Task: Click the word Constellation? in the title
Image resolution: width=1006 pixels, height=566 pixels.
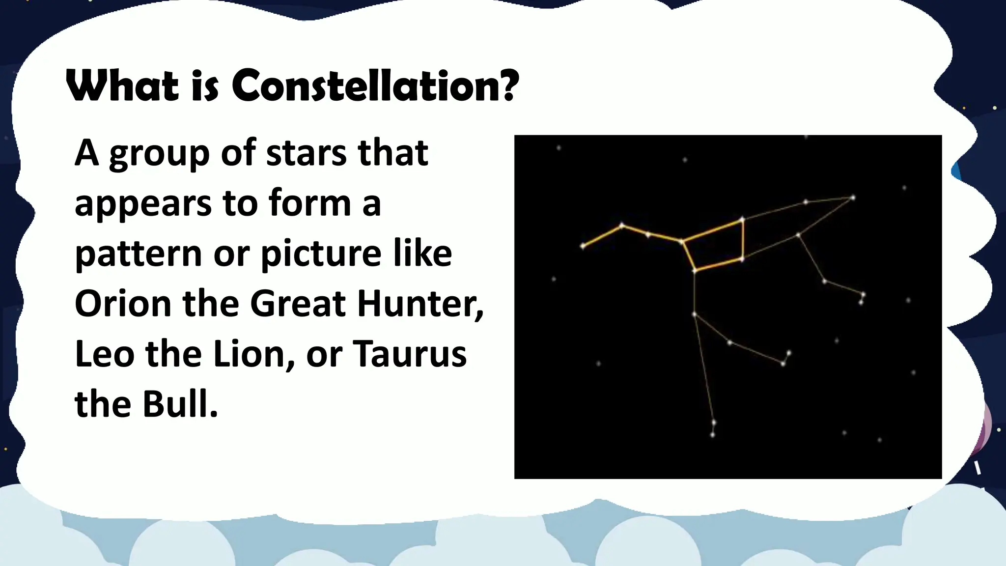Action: pos(375,85)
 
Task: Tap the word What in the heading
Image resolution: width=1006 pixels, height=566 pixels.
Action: pos(122,86)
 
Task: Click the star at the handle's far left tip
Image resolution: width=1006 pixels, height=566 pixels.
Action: pos(583,246)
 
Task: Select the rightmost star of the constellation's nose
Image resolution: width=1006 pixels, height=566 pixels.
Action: pos(853,198)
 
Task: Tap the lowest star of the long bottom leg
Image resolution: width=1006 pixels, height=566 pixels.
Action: pos(713,434)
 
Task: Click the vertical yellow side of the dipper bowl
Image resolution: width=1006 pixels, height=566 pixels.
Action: pos(743,239)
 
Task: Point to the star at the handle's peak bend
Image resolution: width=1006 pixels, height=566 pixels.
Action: pos(622,226)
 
